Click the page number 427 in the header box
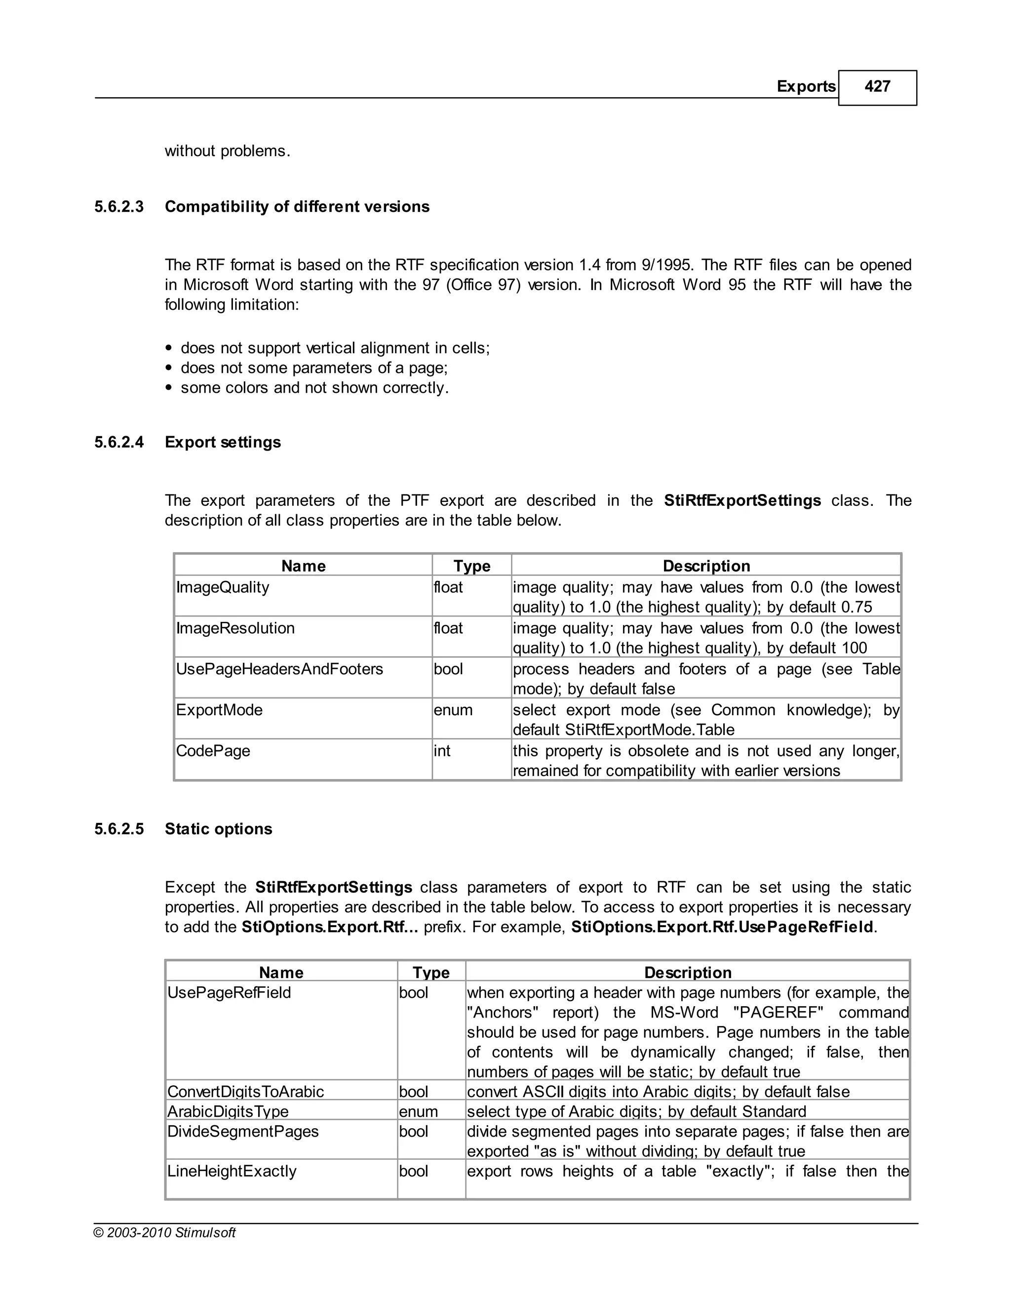point(877,87)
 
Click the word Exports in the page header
point(806,87)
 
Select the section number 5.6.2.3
point(119,207)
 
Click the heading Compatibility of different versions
point(297,207)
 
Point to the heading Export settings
point(223,442)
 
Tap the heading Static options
point(219,829)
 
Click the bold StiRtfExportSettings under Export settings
point(742,500)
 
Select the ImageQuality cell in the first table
point(223,587)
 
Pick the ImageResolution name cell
point(235,628)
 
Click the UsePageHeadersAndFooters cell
point(280,669)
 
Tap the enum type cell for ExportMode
point(453,710)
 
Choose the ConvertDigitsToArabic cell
point(245,1092)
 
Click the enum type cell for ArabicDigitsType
point(419,1112)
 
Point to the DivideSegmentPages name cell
point(243,1132)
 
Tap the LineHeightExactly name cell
point(232,1171)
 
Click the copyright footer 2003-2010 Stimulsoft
point(165,1233)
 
